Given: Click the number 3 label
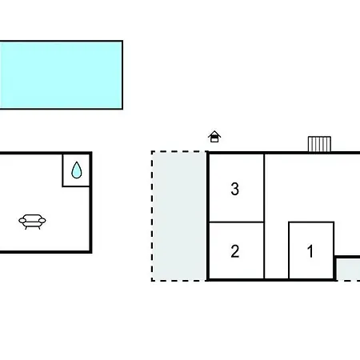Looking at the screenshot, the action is click(234, 189).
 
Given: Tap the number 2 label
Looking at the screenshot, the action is click(235, 251).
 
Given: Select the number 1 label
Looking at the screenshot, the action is click(310, 251).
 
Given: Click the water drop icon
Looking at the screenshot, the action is click(77, 170).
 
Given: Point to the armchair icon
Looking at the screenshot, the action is click(32, 222).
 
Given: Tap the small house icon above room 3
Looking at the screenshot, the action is click(214, 137).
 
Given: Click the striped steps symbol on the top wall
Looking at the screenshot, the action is click(319, 144).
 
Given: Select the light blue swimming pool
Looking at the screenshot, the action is click(61, 74).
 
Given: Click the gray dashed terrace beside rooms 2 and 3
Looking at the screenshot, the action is click(179, 216).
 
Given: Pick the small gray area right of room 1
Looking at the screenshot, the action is click(348, 270).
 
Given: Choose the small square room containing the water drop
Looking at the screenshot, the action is click(76, 170).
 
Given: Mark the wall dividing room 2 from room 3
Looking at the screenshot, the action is click(236, 222).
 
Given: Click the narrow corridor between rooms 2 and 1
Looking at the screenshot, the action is click(277, 250).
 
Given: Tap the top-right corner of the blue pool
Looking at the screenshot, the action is click(122, 41).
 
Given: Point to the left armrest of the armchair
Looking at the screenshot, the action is click(22, 221).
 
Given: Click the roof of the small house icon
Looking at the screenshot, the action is click(214, 133).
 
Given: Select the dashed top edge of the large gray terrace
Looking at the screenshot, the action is click(179, 151).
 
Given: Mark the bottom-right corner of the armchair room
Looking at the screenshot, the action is click(90, 252).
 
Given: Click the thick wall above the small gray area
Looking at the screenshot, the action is click(347, 257).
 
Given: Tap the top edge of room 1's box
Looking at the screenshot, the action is click(311, 222).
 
